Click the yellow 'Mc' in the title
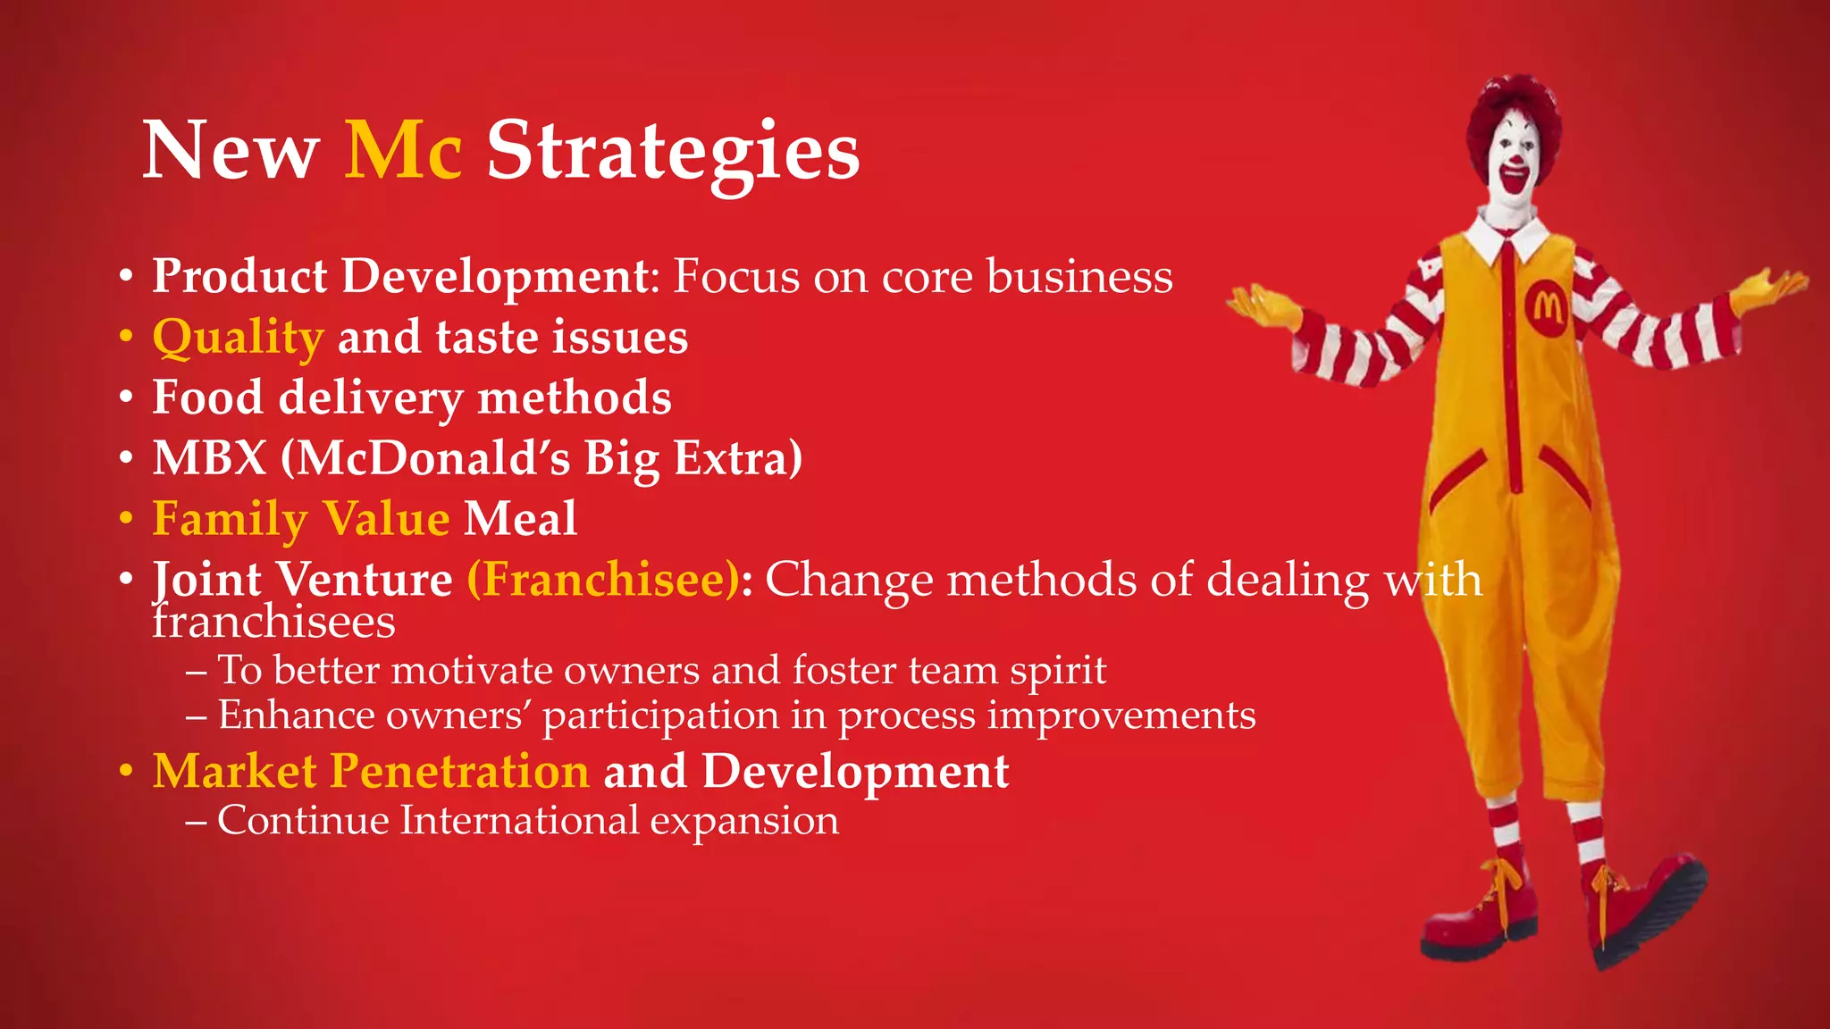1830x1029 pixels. click(403, 150)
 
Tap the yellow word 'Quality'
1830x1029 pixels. click(238, 338)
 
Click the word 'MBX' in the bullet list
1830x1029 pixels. click(210, 458)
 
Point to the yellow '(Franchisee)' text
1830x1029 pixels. click(604, 580)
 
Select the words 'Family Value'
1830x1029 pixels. click(301, 519)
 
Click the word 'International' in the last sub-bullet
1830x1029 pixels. click(519, 820)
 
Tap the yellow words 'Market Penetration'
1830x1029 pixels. click(371, 771)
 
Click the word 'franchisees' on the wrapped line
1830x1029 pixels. click(273, 623)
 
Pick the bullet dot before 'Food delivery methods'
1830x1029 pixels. click(127, 397)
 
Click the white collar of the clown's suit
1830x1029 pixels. click(1511, 233)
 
